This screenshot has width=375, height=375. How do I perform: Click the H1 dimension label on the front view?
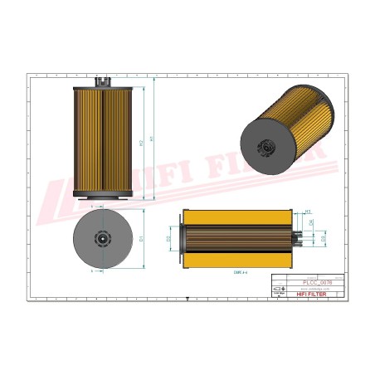point(153,139)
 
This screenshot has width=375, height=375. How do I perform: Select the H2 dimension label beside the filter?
point(141,144)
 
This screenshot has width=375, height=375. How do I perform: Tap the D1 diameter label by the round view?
point(142,239)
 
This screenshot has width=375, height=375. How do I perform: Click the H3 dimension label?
point(309,212)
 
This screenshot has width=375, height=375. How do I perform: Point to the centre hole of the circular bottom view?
point(103,240)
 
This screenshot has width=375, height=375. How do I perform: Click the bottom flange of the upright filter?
point(103,196)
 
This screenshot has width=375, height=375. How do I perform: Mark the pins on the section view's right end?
point(297,238)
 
